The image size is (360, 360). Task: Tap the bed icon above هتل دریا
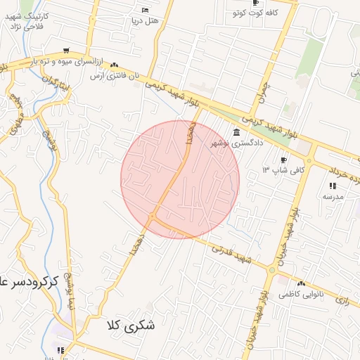[145, 10]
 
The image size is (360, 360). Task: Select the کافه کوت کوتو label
[255, 13]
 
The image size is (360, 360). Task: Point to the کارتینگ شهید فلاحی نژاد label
[26, 22]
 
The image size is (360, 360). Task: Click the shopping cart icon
[66, 51]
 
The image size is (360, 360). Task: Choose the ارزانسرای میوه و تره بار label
[64, 62]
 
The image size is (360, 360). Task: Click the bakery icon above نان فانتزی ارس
[115, 65]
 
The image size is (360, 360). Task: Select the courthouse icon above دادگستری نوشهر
[236, 133]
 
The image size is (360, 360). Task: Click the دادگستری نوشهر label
[237, 143]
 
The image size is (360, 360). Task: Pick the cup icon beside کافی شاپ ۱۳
[284, 160]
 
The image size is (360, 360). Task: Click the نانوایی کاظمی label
[301, 288]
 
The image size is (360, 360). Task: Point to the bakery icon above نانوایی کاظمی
[285, 278]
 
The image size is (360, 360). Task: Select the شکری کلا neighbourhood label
[131, 326]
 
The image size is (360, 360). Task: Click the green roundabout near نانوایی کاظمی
[271, 269]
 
